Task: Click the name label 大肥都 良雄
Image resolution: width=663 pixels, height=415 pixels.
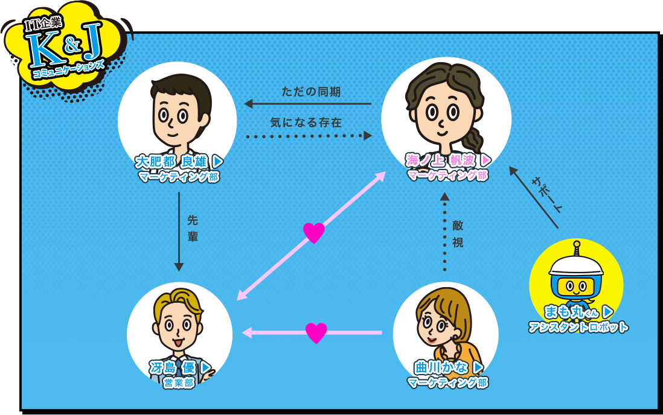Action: pos(171,162)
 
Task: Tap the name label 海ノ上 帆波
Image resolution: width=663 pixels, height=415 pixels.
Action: pos(440,160)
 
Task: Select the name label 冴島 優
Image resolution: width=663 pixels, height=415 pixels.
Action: pos(173,368)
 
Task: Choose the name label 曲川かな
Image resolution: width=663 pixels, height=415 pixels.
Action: pos(441,367)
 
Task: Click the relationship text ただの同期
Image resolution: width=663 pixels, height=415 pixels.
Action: pos(311,92)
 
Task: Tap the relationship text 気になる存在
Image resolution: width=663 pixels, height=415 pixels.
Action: pos(306,122)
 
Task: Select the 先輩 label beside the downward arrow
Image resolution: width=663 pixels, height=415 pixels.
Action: pos(193,229)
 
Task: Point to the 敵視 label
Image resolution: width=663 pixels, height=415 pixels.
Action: pos(458,233)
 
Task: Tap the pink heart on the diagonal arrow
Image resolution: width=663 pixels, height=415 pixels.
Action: pos(314,233)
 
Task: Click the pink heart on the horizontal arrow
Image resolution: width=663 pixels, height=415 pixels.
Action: pos(316,333)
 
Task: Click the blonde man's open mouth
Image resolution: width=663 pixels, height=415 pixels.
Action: pos(178,341)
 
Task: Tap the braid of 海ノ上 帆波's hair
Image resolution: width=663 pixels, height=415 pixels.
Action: pos(473,140)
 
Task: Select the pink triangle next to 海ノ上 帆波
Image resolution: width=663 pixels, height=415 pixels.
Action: pos(486,160)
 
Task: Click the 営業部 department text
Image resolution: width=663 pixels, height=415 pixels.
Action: pos(179,383)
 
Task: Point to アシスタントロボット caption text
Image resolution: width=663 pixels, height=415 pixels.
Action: pos(578,327)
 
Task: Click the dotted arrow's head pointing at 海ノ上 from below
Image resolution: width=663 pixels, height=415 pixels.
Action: pos(444,197)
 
